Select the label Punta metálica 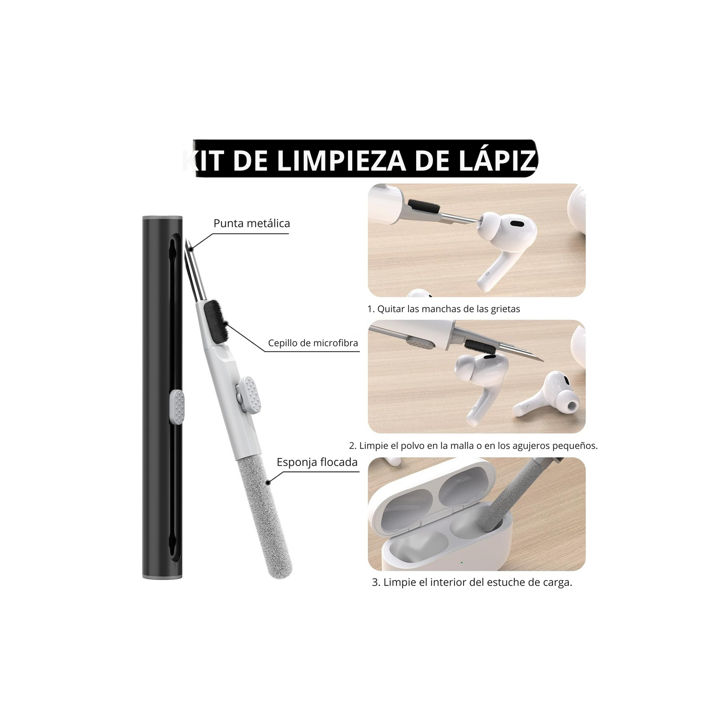251,223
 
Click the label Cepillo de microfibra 313,343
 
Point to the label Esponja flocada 317,462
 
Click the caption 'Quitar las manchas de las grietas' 448,309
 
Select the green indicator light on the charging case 461,563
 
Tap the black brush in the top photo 424,207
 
